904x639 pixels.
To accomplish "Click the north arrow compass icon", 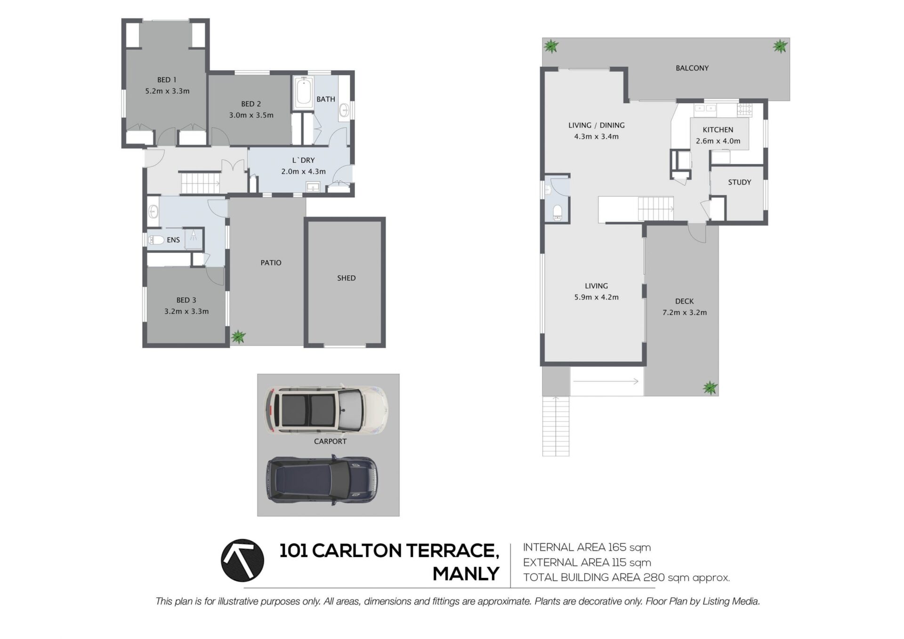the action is pos(242,560).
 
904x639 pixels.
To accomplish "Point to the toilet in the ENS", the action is pos(156,240).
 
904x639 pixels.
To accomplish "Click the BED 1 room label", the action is pos(167,80).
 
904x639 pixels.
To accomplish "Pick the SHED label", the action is pos(346,278).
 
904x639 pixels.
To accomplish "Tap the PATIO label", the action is pos(271,263).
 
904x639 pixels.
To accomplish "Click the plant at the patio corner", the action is pos(239,336).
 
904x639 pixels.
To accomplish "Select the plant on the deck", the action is pos(710,388).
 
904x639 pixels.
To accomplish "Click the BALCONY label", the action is pos(692,68).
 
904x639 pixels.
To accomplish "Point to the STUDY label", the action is pos(739,182).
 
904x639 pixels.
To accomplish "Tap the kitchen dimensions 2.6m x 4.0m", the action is pos(718,141).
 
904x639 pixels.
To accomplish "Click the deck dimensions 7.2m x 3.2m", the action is pos(685,312).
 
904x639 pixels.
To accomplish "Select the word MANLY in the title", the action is pos(466,574).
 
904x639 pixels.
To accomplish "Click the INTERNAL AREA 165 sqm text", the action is pos(587,547).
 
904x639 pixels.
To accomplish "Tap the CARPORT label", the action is pos(330,441).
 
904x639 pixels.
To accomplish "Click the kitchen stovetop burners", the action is pos(744,110).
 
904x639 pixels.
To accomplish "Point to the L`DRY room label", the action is pos(303,160).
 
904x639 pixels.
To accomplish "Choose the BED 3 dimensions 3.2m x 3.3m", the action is pos(186,312).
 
